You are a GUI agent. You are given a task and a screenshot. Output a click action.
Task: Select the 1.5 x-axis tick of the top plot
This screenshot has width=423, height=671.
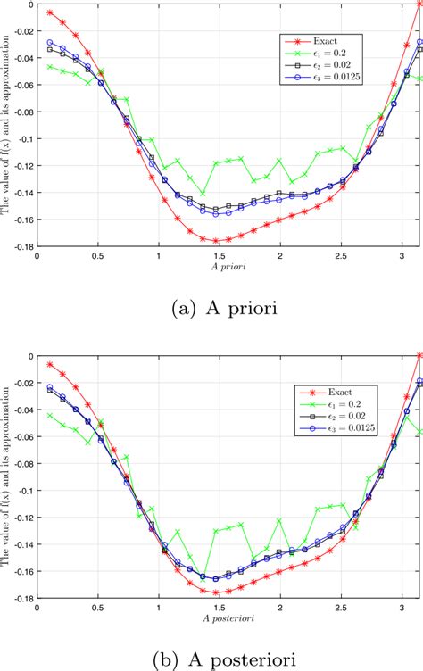tap(219, 257)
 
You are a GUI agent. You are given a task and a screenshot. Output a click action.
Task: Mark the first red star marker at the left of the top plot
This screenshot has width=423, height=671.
tap(50, 12)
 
